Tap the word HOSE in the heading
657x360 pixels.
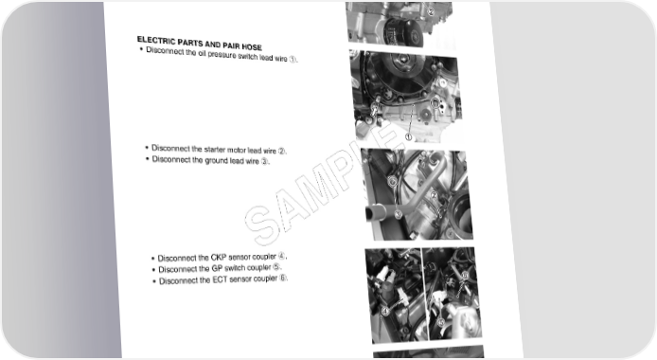click(252, 46)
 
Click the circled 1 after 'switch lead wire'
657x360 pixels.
click(293, 59)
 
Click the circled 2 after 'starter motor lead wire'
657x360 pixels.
click(281, 151)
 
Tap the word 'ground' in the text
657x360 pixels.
click(216, 160)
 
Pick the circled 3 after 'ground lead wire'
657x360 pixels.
click(264, 161)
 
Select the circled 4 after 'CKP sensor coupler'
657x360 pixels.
click(281, 256)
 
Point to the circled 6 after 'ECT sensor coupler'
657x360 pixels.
click(283, 278)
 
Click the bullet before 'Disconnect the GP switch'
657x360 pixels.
click(154, 270)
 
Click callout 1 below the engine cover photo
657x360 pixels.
click(409, 136)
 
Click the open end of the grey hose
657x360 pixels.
click(371, 212)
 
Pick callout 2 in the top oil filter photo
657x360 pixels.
click(431, 11)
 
